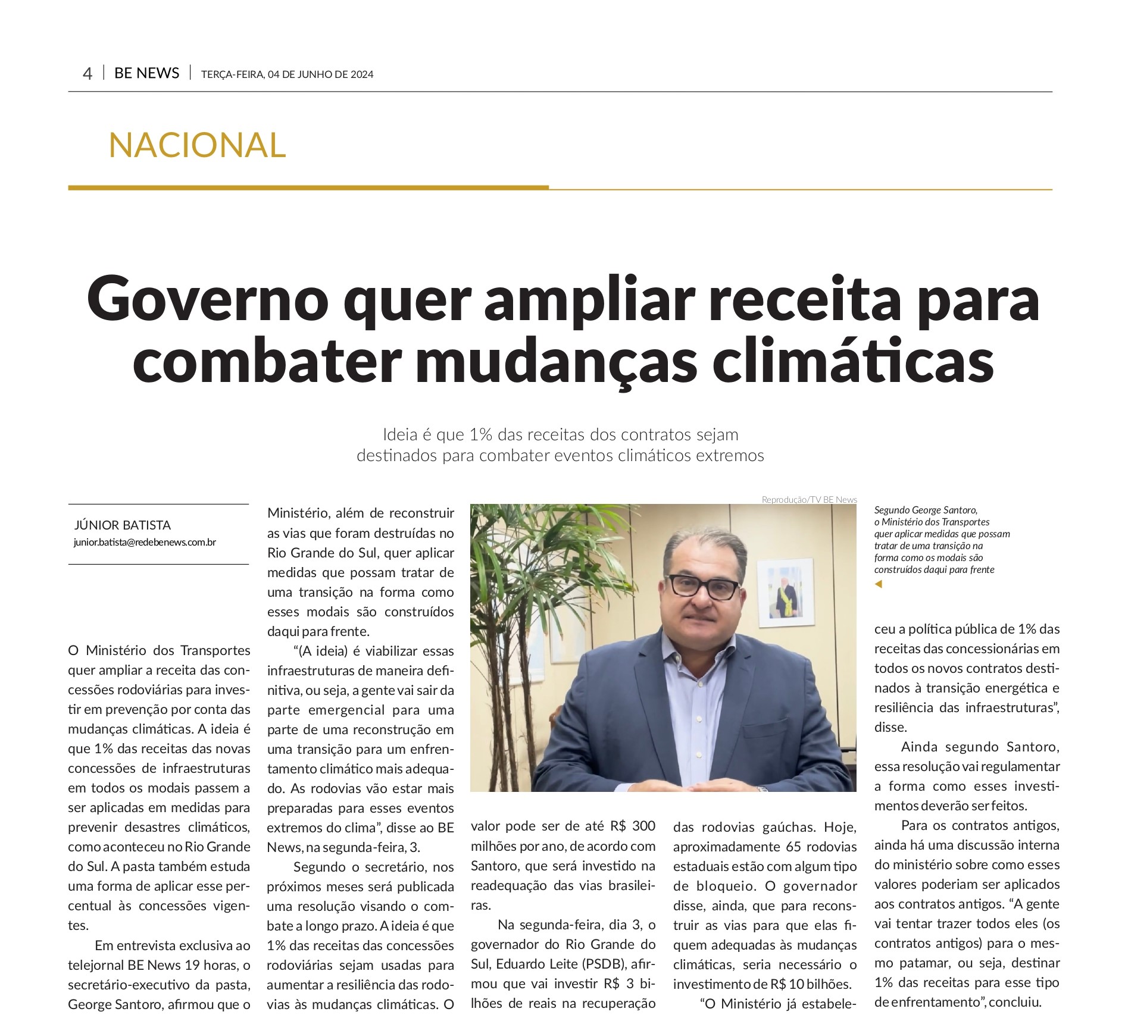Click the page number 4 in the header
click(87, 74)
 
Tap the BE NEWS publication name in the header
click(146, 73)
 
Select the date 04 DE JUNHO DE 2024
click(320, 74)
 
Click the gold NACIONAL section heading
click(197, 145)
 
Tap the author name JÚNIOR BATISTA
click(123, 525)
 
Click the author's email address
click(145, 542)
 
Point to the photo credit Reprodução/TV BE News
click(809, 500)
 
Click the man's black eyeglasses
click(704, 587)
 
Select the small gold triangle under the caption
click(878, 584)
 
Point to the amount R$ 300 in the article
click(633, 826)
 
